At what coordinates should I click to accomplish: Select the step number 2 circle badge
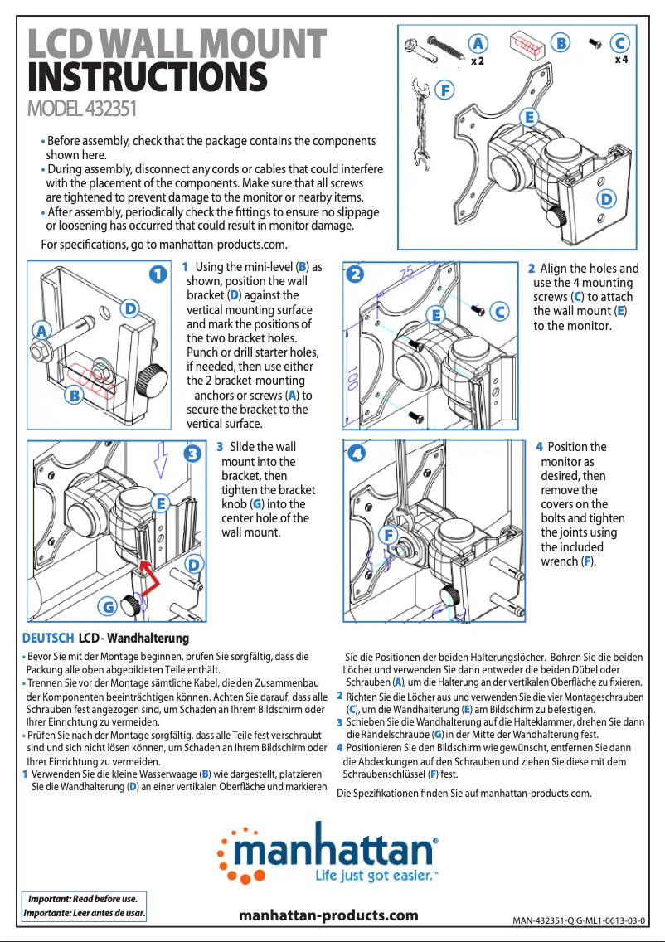click(356, 274)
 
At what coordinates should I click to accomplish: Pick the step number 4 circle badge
click(356, 454)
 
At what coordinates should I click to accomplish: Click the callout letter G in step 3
click(108, 607)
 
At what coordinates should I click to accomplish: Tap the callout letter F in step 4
click(387, 535)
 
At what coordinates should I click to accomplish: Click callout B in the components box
click(562, 42)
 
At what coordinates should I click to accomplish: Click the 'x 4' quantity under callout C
click(621, 60)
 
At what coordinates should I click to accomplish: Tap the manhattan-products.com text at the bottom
click(328, 915)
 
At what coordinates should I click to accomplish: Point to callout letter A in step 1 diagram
click(39, 329)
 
